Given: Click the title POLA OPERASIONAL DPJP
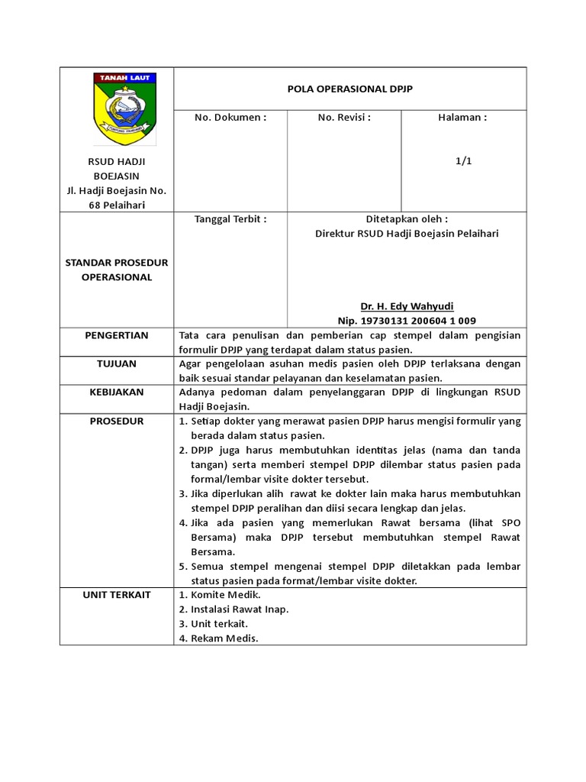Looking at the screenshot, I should point(350,89).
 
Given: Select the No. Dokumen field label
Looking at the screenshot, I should point(230,118).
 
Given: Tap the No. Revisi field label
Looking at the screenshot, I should point(344,118).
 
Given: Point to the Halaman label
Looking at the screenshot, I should point(463,118).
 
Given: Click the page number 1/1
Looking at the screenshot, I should point(463,161).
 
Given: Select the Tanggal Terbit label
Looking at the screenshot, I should point(230,218).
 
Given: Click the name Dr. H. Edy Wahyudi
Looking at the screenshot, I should point(407,305).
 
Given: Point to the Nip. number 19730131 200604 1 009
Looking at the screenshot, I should point(407,321).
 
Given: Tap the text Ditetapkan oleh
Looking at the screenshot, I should point(407,218).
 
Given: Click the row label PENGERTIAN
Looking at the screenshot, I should point(117,335).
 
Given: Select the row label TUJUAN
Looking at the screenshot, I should point(117,364).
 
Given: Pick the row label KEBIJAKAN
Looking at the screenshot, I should point(117,393).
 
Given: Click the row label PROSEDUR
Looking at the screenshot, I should point(117,422).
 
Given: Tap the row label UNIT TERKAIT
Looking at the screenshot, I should point(117,595).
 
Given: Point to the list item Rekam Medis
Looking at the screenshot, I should point(225,638).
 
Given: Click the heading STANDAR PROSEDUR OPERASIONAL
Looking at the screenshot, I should point(117,270).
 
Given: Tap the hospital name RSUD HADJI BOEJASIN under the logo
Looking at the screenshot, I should point(117,169).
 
